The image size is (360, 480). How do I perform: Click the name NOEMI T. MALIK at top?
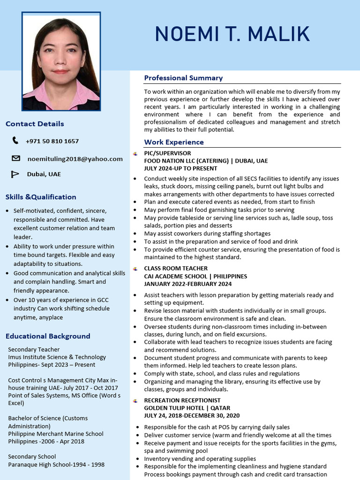232,34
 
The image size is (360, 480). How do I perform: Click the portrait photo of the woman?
61,61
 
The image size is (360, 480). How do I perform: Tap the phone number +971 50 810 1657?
52,141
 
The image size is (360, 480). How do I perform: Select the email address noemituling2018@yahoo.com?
75,159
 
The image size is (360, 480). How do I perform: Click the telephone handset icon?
15,141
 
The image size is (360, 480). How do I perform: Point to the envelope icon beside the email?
16,158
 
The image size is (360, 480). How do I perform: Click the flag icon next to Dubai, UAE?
15,174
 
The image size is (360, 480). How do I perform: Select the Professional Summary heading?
183,78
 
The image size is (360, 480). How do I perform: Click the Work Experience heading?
174,142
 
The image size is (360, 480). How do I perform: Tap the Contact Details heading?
35,124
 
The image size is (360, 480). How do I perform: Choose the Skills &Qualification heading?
41,197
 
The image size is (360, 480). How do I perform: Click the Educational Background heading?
48,336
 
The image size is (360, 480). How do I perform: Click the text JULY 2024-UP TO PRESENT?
180,168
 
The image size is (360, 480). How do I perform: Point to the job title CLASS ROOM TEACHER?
175,269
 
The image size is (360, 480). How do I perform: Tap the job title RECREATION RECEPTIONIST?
182,400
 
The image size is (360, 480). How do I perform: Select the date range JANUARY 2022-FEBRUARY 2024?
187,284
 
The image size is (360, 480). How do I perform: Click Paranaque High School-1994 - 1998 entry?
56,465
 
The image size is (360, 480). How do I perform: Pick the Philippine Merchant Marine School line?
56,434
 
